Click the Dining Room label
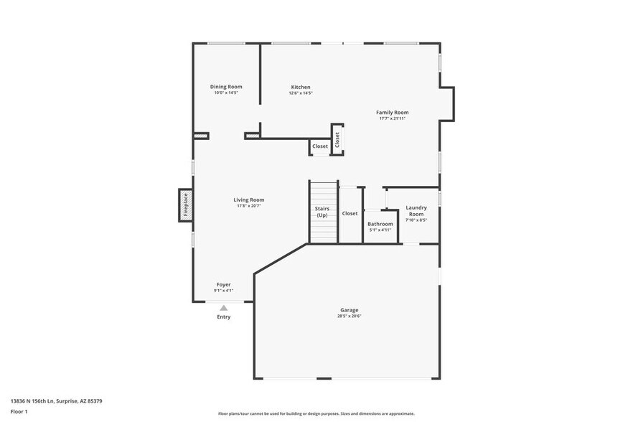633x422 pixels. click(x=225, y=87)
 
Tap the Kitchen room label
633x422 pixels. click(x=301, y=87)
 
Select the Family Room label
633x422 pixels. click(x=393, y=113)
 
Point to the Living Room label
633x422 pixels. click(x=248, y=200)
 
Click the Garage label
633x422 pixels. click(x=349, y=310)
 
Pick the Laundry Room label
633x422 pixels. click(x=416, y=211)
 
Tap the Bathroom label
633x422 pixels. click(x=380, y=224)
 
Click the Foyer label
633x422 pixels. click(x=224, y=285)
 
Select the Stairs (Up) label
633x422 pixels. click(x=322, y=212)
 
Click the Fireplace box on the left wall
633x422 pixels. click(x=185, y=205)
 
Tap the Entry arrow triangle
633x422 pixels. click(x=224, y=308)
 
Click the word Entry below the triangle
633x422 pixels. click(x=224, y=317)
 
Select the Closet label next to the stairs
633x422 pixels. click(x=350, y=213)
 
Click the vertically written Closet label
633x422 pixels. click(x=337, y=139)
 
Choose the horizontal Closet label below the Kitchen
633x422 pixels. click(x=320, y=146)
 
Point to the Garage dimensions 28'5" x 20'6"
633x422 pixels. click(x=349, y=316)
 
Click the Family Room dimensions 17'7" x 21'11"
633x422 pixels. click(x=393, y=118)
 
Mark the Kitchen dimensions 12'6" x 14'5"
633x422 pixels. click(x=301, y=93)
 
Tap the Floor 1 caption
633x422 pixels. click(x=19, y=412)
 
